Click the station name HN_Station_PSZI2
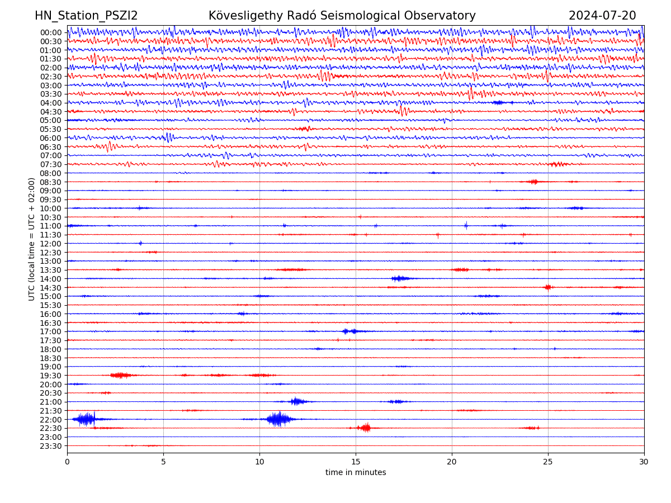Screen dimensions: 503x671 [86, 16]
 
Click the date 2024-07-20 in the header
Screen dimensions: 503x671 [602, 16]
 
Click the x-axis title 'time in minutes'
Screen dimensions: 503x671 [356, 473]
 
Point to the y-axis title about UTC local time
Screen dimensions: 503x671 [32, 239]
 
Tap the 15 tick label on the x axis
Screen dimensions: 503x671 [356, 462]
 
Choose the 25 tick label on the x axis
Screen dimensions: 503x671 [548, 462]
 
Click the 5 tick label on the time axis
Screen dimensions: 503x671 [163, 462]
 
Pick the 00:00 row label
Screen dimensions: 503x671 [50, 32]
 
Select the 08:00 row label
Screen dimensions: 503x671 [50, 173]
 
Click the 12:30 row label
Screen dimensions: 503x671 [50, 253]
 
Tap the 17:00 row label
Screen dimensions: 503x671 [50, 331]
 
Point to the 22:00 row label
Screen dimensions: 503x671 [50, 420]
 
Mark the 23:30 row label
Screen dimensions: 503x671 [50, 446]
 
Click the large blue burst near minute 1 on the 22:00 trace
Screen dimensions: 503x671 [86, 419]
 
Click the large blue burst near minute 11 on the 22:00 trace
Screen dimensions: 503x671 [278, 419]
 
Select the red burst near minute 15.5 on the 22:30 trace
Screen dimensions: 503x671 [366, 428]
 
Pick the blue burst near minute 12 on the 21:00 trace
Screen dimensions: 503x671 [296, 401]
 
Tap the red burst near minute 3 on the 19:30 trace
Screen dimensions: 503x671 [121, 375]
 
